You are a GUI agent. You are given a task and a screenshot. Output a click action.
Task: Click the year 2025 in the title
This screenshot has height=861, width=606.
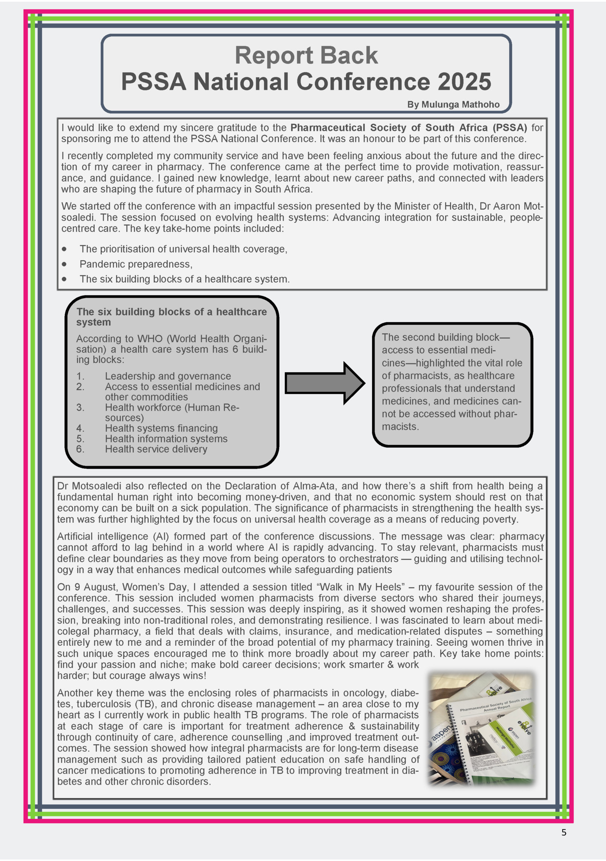464,82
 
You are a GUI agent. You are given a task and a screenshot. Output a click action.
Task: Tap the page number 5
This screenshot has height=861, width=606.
564,833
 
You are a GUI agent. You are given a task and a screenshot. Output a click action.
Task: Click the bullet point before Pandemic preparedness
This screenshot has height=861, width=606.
64,264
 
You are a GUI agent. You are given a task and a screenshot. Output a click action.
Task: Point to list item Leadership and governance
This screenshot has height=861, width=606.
168,376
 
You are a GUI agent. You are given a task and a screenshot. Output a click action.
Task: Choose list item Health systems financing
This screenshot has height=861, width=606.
161,428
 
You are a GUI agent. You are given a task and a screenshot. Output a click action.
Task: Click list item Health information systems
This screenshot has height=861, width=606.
166,439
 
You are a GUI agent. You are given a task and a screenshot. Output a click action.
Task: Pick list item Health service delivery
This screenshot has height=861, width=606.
156,449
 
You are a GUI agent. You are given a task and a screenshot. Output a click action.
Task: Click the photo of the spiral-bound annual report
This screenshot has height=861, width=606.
481,729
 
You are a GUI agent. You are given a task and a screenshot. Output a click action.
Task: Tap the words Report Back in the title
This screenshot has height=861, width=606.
306,55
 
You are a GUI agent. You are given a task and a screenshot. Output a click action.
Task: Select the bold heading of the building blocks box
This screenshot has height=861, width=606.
171,317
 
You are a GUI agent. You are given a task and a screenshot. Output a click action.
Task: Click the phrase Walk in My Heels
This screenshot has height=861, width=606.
361,587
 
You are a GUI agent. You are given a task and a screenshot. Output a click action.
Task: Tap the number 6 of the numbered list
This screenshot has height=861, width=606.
80,449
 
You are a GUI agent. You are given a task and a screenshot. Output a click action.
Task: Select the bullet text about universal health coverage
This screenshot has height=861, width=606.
183,249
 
